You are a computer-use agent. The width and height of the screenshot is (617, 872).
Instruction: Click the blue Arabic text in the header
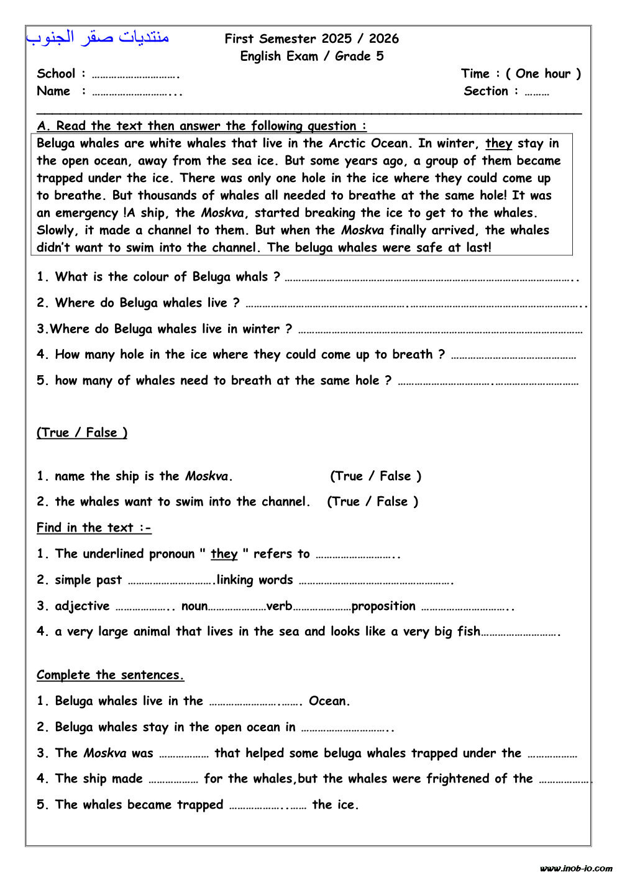coord(98,37)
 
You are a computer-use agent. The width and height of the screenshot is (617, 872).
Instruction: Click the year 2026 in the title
coord(383,39)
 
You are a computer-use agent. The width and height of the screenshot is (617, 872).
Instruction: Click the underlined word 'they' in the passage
coord(498,143)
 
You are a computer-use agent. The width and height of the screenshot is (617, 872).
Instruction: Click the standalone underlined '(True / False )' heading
coord(82,433)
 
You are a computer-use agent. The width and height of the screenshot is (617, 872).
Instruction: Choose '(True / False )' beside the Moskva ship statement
coord(375,476)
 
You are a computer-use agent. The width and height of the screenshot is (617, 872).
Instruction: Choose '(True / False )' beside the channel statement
coord(373,502)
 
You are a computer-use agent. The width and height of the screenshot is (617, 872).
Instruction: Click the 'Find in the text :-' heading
coord(94,528)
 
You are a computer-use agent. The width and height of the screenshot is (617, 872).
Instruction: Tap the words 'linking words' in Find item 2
coord(255,580)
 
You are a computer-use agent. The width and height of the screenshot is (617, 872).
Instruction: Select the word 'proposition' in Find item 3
coord(383,606)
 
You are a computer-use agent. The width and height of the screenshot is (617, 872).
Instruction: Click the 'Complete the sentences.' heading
coord(110,675)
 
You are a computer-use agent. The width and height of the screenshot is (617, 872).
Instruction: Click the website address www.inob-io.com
coord(575,868)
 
